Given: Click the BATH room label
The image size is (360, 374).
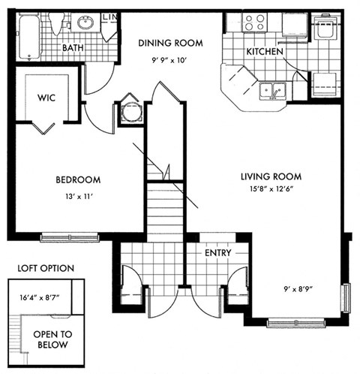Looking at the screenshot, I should point(73,48).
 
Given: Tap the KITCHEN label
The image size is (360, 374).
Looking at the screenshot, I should point(264,53).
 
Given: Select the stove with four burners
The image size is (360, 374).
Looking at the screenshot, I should point(254,23).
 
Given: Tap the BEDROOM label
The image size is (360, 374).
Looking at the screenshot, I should point(77,179).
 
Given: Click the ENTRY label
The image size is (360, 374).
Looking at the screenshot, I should point(217,253).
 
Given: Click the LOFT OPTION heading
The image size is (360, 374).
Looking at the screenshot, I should point(46,267).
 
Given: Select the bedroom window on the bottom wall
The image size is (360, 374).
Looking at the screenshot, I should point(69,238).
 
